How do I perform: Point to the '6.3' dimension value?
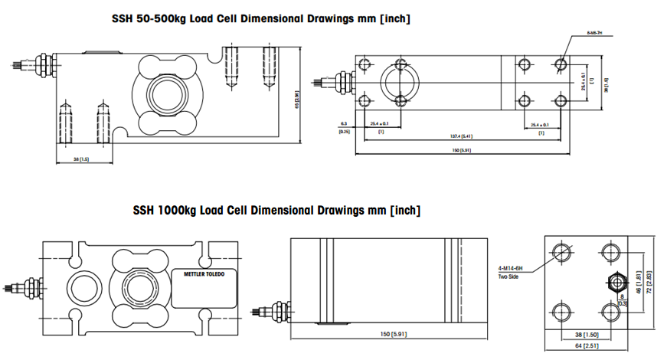344,123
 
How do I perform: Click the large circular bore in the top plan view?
400,80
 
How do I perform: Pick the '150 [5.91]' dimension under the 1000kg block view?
391,335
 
